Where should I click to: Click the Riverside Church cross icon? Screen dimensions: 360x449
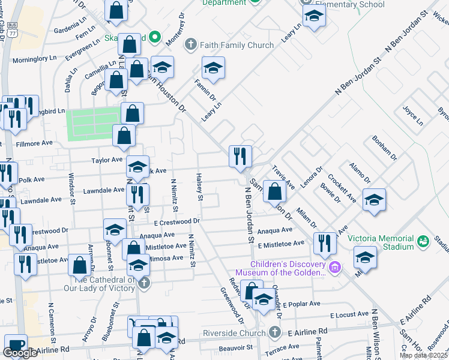274,332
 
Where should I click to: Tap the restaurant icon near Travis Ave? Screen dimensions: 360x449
241,157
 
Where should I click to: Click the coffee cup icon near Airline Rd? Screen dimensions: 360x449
16,346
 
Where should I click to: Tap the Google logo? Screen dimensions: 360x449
20,353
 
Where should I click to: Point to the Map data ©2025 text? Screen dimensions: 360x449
424,355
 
